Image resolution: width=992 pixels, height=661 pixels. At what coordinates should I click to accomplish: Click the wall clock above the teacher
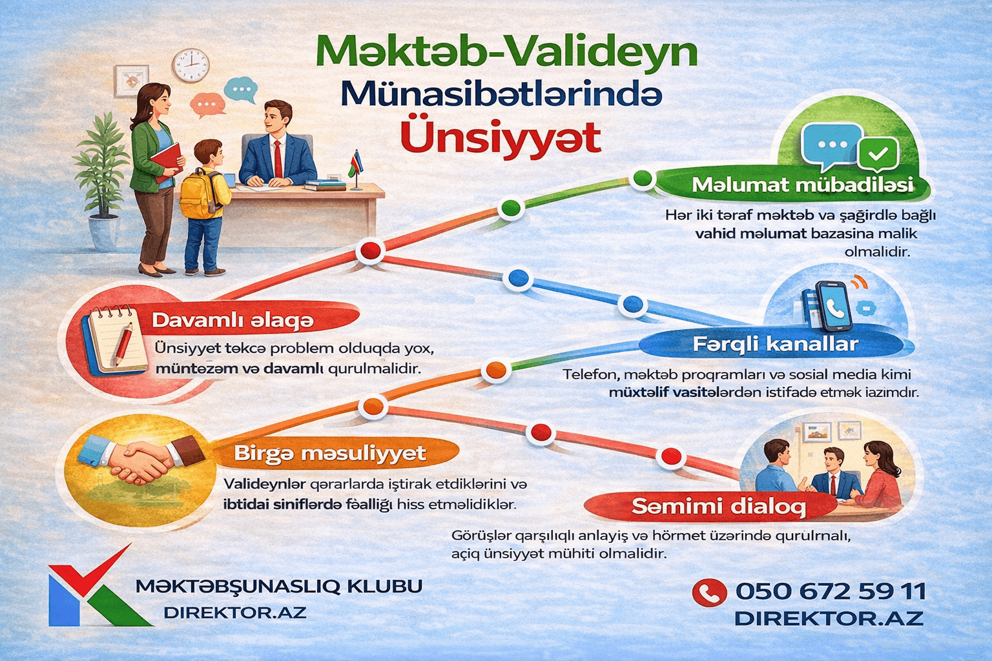pyautogui.click(x=190, y=65)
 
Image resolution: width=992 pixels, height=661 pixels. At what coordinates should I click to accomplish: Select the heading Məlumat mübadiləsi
pyautogui.click(x=802, y=185)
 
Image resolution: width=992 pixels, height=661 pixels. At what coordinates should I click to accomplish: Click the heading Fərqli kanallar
pyautogui.click(x=775, y=343)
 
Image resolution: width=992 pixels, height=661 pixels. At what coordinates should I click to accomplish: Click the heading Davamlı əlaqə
pyautogui.click(x=232, y=320)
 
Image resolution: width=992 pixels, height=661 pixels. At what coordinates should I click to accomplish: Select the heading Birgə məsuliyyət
pyautogui.click(x=329, y=453)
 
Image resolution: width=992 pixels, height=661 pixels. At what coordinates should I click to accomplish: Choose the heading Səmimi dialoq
pyautogui.click(x=718, y=506)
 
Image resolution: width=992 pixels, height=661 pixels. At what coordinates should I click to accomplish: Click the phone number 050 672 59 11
pyautogui.click(x=831, y=591)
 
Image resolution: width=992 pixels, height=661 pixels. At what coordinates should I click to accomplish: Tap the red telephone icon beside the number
pyautogui.click(x=709, y=592)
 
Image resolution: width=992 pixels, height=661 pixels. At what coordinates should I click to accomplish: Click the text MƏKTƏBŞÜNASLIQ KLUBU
pyautogui.click(x=279, y=586)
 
